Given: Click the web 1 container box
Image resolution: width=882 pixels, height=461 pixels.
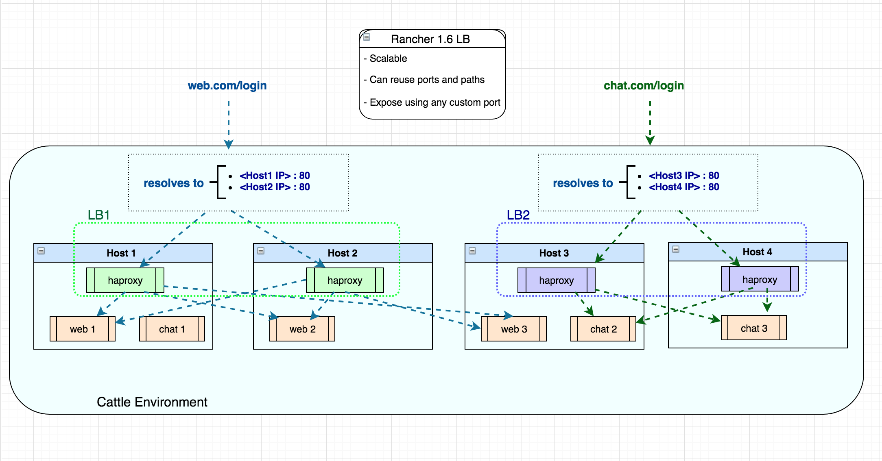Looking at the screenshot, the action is pos(83,329).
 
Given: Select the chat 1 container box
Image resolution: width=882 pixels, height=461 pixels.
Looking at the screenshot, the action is pos(172,329).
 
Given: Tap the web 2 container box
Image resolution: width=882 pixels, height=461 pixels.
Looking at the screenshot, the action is pos(302,329).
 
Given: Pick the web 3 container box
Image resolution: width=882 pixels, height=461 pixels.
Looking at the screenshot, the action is pos(514,329).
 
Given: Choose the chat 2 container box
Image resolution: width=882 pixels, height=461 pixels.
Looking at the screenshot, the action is pos(603,329).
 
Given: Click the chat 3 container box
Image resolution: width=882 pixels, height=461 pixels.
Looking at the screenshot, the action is pos(754,328).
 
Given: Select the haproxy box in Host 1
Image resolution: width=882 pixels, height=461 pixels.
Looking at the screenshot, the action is pos(125,280).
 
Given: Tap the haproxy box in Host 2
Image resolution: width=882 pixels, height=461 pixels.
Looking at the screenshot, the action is pos(345,280).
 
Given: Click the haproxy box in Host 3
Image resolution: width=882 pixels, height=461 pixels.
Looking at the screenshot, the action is pos(557,280).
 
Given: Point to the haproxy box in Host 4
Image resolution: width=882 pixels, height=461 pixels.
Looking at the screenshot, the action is pos(760,279).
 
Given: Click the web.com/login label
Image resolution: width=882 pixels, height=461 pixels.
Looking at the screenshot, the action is pos(227,85).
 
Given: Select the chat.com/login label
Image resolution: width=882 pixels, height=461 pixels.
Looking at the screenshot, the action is pos(644,85).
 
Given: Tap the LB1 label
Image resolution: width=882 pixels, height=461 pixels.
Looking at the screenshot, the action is pos(99,215).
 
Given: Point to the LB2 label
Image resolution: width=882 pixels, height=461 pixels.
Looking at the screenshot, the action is pos(518,215).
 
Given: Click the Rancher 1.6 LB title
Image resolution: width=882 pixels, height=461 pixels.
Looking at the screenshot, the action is pos(430,39).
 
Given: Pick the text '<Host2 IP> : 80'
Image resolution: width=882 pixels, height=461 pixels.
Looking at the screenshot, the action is pos(275,187).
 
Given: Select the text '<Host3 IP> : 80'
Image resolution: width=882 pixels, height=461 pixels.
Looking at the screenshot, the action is pos(684,176).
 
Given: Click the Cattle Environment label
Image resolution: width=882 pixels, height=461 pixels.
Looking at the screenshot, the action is pos(152,402).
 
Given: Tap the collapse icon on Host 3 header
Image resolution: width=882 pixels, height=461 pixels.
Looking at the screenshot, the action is pos(472,251).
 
